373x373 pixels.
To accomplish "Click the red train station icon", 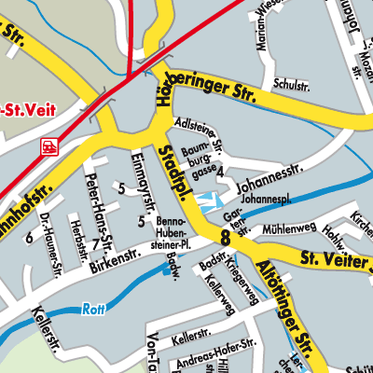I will [x=48, y=145].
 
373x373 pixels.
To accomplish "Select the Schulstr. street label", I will [x=293, y=84].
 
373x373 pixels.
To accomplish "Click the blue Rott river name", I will [x=90, y=310].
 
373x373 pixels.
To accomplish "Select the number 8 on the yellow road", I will [x=225, y=238].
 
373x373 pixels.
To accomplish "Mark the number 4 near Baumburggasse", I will [x=220, y=173].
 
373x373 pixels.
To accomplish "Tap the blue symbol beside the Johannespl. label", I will [x=209, y=199].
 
